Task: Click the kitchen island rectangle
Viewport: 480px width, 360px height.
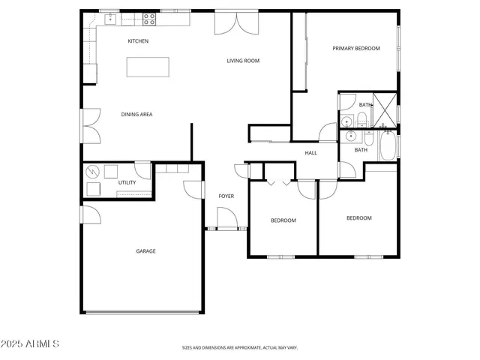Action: click(148, 67)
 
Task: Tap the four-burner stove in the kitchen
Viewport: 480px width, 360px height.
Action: click(149, 16)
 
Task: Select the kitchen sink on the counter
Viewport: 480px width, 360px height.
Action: click(109, 16)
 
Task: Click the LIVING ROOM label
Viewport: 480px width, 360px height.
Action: click(243, 61)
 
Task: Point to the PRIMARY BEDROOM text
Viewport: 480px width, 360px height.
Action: click(356, 49)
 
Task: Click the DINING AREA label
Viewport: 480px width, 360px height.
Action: click(137, 115)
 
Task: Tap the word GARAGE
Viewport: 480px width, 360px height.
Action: click(145, 251)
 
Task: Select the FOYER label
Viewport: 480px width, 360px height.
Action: click(226, 196)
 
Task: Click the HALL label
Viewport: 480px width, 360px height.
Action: click(310, 153)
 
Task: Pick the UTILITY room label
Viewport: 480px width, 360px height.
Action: click(127, 183)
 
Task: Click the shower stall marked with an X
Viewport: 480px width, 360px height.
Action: click(385, 109)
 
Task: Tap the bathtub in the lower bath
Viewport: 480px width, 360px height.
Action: click(388, 146)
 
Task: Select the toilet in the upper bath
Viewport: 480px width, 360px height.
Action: click(362, 118)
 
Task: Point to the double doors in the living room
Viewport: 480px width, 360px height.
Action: click(230, 22)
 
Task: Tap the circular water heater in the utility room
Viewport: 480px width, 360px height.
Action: click(93, 170)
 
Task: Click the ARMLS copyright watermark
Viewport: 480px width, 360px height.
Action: click(31, 343)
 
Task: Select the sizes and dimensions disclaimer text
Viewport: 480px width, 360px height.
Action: click(240, 348)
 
